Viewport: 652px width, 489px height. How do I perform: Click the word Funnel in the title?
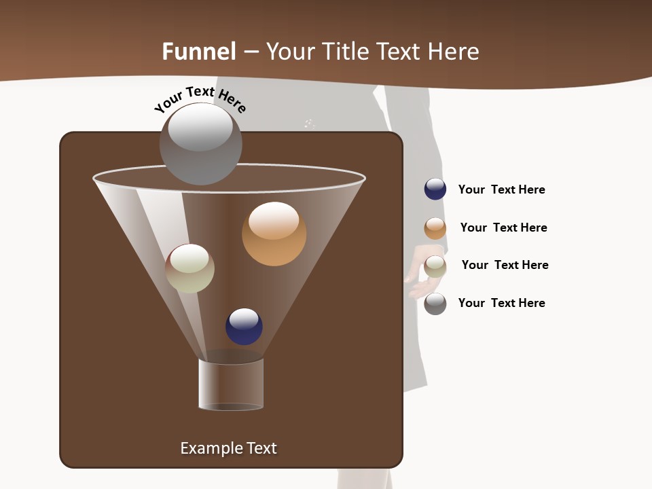[198, 52]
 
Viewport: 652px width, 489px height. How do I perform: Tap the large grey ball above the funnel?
[200, 144]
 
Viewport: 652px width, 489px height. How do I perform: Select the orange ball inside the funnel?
[274, 234]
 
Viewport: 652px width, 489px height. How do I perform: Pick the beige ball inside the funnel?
[189, 268]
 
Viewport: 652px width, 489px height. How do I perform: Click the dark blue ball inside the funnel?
[244, 327]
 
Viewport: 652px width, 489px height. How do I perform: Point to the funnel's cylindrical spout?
[231, 384]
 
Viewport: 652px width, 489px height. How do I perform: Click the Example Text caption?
[228, 448]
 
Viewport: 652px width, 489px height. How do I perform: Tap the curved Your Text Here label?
[200, 100]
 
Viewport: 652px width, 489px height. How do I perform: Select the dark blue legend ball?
[435, 189]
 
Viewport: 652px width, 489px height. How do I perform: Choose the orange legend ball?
[435, 228]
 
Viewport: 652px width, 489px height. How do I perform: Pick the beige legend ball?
[435, 266]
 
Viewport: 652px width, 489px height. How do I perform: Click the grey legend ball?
[435, 304]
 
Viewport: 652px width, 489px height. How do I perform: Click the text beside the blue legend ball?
[501, 189]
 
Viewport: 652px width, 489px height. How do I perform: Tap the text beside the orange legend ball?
[503, 228]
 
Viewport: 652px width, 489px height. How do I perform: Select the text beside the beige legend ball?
[505, 265]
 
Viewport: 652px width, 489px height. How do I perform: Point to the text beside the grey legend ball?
[501, 303]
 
